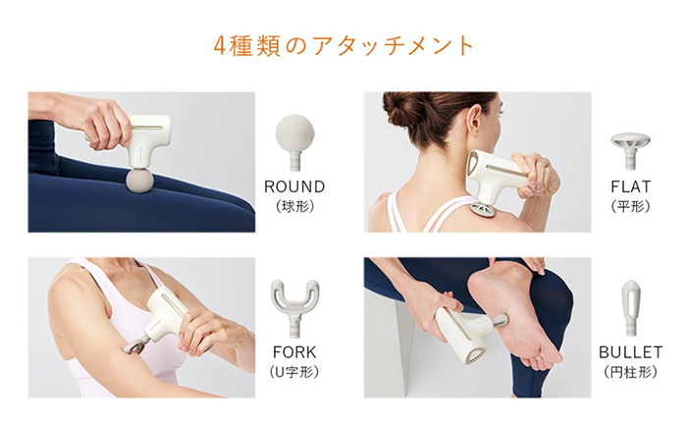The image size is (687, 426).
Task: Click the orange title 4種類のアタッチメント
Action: click(343, 46)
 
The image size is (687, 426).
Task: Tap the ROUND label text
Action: click(294, 186)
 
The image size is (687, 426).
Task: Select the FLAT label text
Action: click(630, 186)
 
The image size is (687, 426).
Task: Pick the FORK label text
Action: click(294, 352)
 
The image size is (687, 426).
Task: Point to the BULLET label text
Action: click(630, 352)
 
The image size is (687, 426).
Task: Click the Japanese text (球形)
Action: click(294, 206)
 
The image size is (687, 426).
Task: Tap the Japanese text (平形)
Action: click(630, 206)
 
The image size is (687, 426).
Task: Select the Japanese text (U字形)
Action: click(294, 372)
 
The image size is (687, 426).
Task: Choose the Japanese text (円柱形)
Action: click(630, 372)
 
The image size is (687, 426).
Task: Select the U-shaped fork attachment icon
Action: click(294, 308)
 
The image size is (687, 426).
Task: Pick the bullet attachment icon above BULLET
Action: click(630, 308)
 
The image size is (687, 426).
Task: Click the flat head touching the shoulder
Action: click(485, 210)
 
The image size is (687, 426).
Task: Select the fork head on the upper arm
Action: click(132, 347)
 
